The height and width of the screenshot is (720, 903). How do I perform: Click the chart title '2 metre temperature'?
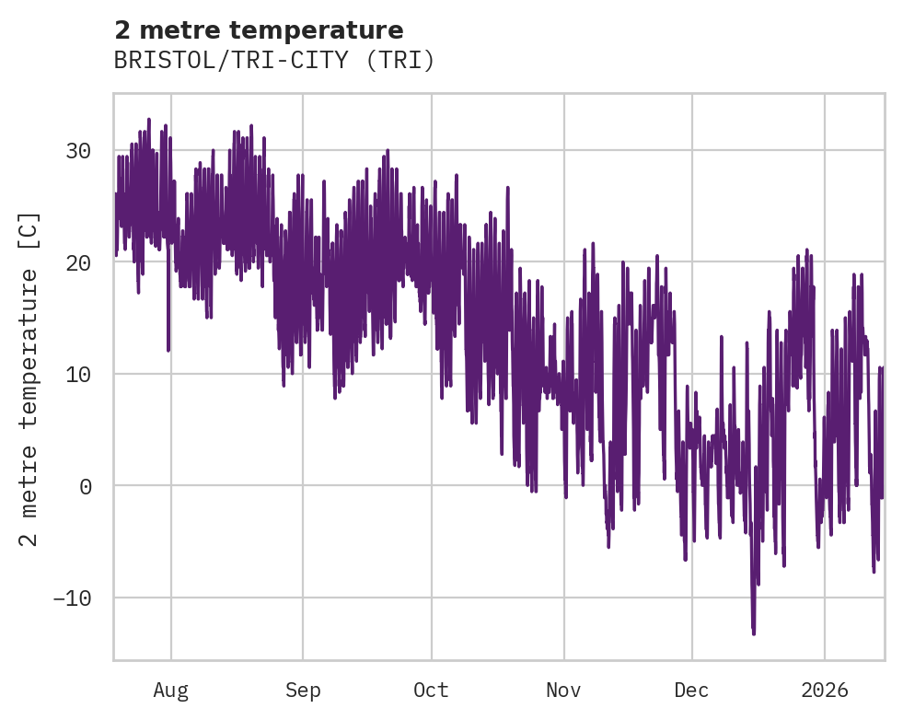point(259,30)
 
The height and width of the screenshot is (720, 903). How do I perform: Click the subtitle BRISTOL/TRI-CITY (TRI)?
point(273,61)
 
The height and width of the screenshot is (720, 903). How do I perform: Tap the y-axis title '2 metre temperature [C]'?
point(29,378)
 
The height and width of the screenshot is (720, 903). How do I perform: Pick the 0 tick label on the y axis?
point(87,486)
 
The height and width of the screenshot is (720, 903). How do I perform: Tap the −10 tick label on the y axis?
point(74,598)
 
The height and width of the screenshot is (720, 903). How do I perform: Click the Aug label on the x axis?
point(170,690)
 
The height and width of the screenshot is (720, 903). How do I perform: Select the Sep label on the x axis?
point(303,690)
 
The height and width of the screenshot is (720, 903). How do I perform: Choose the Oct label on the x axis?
point(431,690)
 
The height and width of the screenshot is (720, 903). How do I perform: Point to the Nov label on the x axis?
point(563,690)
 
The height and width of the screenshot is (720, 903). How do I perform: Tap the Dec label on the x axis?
point(691,690)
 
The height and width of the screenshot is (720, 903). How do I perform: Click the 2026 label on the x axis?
point(825,690)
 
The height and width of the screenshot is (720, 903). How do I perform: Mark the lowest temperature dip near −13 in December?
point(753,633)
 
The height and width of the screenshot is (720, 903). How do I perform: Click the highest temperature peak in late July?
point(149,120)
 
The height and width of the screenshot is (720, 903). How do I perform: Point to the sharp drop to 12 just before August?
point(168,349)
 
